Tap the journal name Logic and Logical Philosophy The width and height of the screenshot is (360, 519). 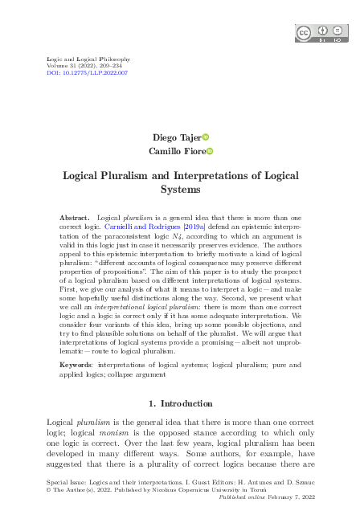click(x=79, y=59)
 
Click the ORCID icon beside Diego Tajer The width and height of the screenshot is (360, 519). click(x=205, y=137)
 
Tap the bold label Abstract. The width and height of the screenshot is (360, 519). click(x=75, y=219)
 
